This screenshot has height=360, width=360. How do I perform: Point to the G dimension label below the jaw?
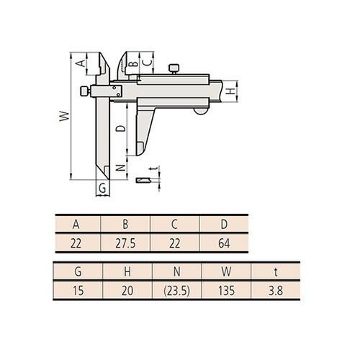pos(102,189)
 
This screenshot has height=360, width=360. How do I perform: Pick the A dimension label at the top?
pos(81,63)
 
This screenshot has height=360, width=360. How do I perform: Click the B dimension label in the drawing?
pos(133,63)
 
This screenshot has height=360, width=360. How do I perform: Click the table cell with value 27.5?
pos(125,243)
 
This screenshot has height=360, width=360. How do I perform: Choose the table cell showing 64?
pos(223,243)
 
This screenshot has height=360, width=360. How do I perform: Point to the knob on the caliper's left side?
pos(84,91)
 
